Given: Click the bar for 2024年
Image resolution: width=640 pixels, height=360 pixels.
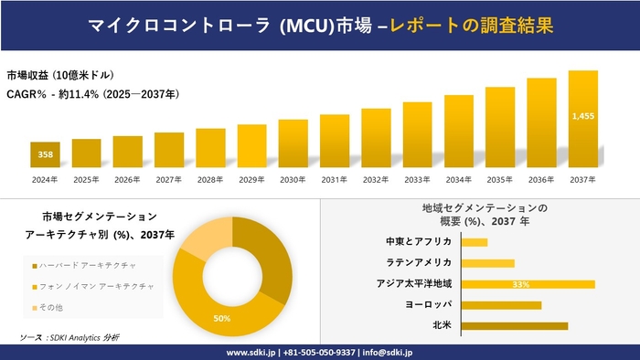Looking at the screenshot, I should point(45,155).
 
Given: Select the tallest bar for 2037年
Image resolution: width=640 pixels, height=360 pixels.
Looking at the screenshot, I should point(582,120).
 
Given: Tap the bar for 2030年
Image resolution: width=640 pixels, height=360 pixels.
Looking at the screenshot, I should point(293,143).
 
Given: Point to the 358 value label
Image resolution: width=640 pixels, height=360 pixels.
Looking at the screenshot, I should point(45,155).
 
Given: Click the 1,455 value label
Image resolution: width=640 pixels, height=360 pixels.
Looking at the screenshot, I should point(582,116).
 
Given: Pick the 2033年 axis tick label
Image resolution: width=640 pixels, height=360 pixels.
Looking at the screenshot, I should point(417,179).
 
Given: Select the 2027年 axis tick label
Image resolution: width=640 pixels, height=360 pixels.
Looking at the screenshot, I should point(169,179).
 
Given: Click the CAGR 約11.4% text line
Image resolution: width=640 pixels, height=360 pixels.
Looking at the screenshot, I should point(92,93).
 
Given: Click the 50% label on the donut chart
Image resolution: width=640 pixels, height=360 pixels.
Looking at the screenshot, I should point(221,318).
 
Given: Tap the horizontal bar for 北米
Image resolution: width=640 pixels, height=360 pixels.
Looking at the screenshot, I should point(515,325).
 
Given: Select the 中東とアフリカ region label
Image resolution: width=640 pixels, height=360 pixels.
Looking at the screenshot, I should point(420,242).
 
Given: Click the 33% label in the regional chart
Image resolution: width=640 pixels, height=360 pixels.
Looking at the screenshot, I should point(521,284).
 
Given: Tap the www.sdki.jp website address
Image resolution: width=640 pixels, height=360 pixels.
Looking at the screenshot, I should point(253,352).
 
